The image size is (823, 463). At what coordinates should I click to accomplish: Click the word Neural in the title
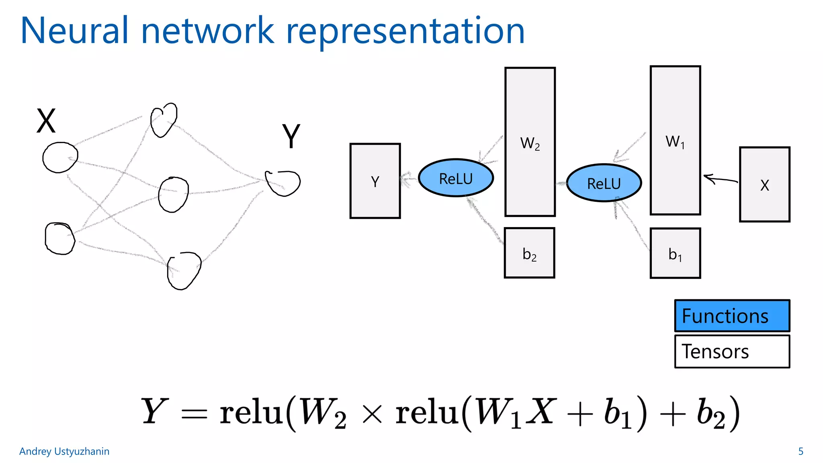(74, 31)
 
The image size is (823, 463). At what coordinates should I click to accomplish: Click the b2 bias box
(529, 253)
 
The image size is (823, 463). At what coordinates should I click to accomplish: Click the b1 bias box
(675, 253)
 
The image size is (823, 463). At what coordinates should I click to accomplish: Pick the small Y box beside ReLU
(375, 181)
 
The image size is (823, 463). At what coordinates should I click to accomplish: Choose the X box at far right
(764, 184)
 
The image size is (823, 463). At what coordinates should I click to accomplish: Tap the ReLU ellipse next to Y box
(456, 178)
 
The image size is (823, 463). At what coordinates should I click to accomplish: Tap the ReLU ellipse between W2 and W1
(604, 183)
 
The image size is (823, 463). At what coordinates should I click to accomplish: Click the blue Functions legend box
(732, 315)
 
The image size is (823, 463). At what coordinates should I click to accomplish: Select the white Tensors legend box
(732, 351)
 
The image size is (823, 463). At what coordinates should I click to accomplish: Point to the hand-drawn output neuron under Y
(283, 183)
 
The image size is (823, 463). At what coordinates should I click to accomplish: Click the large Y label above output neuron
(291, 136)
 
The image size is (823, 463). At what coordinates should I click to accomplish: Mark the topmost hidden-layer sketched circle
(164, 120)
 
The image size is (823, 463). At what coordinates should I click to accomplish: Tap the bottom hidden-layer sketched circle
(184, 270)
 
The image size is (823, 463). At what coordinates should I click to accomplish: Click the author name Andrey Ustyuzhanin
(64, 451)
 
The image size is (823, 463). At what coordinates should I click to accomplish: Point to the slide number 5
(800, 451)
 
